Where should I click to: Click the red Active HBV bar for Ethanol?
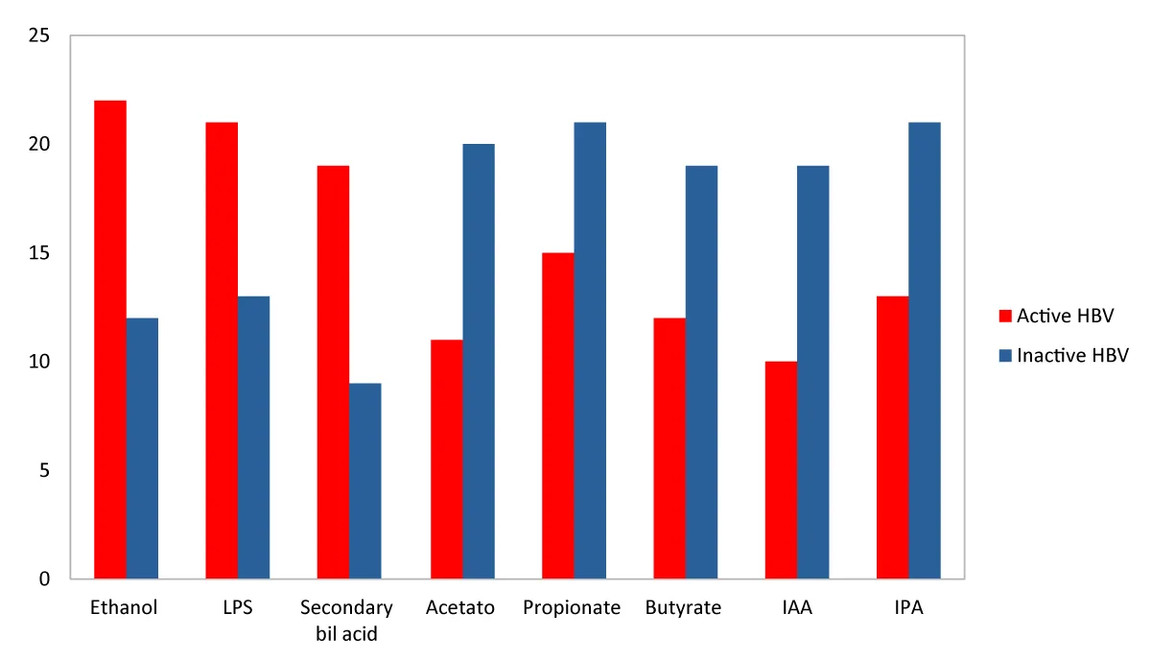coord(109,340)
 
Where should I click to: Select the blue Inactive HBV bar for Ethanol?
coord(142,448)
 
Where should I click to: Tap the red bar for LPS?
coord(222,350)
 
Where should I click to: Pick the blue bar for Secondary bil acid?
coord(365,481)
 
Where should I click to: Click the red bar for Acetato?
coord(446,459)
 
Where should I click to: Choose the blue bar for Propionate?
coord(590,350)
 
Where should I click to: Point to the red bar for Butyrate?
coord(669,448)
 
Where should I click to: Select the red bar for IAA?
coord(781,470)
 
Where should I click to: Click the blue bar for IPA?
coord(925,350)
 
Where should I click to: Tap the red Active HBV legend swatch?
coord(1005,316)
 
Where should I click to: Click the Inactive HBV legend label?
coord(1072,355)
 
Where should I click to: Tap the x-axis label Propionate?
coord(572,608)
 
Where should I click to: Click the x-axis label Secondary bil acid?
coord(346,621)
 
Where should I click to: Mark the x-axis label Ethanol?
coord(124,608)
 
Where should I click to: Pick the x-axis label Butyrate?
coord(683,608)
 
